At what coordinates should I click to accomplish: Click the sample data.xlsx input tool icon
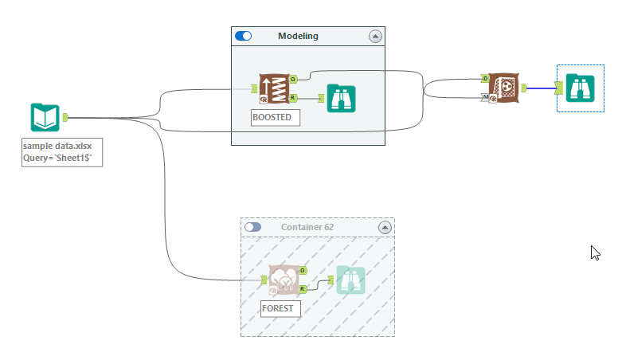[45, 117]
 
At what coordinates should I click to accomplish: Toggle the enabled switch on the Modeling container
[244, 36]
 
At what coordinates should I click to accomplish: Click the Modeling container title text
[298, 36]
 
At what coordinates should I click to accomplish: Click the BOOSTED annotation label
[273, 118]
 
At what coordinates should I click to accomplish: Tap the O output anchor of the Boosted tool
[293, 79]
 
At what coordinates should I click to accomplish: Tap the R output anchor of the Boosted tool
[293, 98]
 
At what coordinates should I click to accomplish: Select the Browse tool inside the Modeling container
[341, 98]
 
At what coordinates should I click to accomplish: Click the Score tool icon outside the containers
[503, 88]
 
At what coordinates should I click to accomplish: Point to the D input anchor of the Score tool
[485, 78]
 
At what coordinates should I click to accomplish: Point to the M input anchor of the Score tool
[485, 97]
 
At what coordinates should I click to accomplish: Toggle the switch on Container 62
[253, 227]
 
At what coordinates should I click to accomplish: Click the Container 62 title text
[307, 227]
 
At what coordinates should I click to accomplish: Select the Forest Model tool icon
[283, 280]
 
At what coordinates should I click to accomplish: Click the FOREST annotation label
[280, 308]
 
